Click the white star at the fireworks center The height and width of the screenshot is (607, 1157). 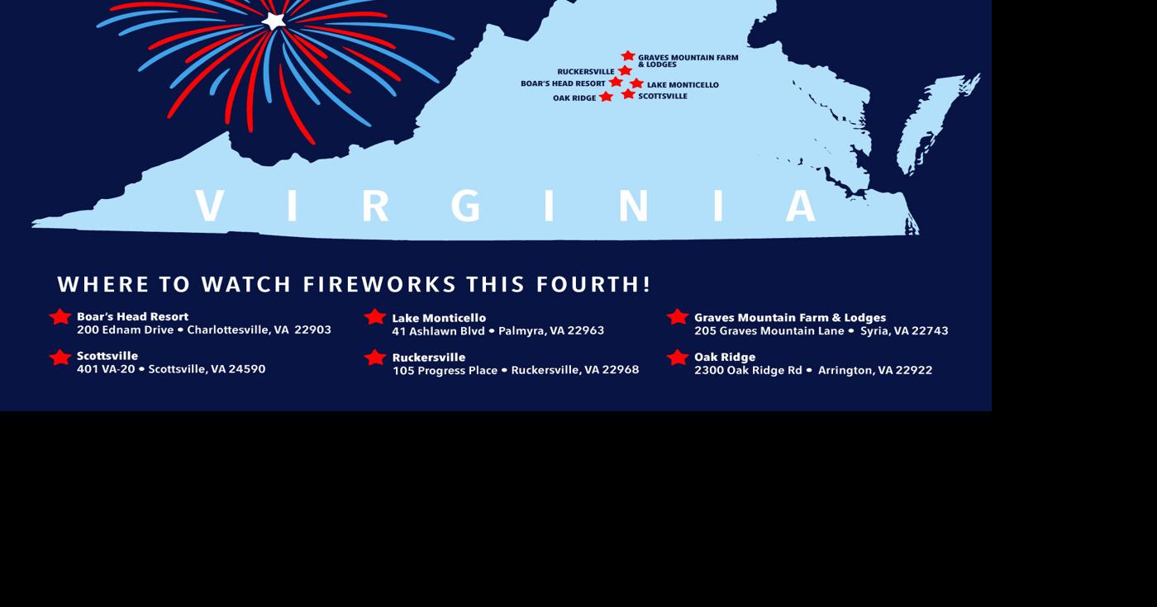[274, 20]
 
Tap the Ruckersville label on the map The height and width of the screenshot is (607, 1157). [585, 72]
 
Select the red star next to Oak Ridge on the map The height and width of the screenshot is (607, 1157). [606, 97]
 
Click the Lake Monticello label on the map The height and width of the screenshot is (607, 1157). [683, 85]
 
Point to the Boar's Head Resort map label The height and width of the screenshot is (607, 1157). [563, 83]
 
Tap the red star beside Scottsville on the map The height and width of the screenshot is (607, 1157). [628, 94]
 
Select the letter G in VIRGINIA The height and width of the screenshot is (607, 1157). [466, 206]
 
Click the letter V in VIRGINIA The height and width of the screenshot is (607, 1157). [210, 206]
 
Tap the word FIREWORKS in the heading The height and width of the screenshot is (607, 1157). [380, 284]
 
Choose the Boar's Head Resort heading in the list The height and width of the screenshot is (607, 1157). [132, 316]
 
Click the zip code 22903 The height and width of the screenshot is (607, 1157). [312, 330]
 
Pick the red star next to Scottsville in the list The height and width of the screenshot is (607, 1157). [60, 358]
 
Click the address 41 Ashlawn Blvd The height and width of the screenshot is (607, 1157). [438, 330]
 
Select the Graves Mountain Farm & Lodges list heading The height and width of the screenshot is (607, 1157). [789, 317]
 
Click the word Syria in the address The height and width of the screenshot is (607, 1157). [875, 330]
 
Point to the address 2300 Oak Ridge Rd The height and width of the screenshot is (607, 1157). [748, 370]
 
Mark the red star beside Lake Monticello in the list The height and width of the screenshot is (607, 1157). [375, 317]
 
